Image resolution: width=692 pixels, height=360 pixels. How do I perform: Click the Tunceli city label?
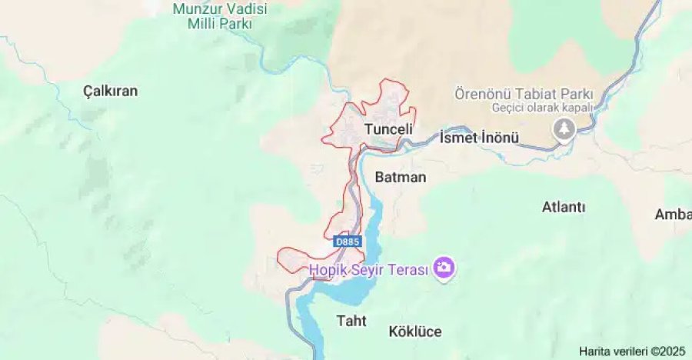click(388, 129)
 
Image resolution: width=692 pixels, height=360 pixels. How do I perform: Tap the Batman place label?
click(400, 177)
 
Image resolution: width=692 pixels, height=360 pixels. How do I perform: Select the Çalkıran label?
click(110, 91)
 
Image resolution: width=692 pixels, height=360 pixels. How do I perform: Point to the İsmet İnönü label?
click(479, 138)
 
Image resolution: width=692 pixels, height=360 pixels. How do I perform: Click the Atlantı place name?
click(564, 207)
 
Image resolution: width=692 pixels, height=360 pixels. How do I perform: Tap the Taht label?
click(352, 320)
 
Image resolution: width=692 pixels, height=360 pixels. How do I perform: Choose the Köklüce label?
click(415, 332)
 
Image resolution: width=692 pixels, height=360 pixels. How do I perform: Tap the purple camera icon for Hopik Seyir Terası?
click(444, 268)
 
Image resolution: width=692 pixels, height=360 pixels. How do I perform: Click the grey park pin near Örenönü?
click(565, 128)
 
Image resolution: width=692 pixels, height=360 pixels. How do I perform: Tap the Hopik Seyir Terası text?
click(369, 269)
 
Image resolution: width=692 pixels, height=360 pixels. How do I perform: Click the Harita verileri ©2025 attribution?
click(632, 351)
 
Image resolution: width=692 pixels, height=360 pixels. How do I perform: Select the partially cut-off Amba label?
click(673, 214)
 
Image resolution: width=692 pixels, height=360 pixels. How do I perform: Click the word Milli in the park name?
click(205, 23)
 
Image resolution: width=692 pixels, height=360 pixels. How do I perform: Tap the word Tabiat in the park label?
click(530, 93)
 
